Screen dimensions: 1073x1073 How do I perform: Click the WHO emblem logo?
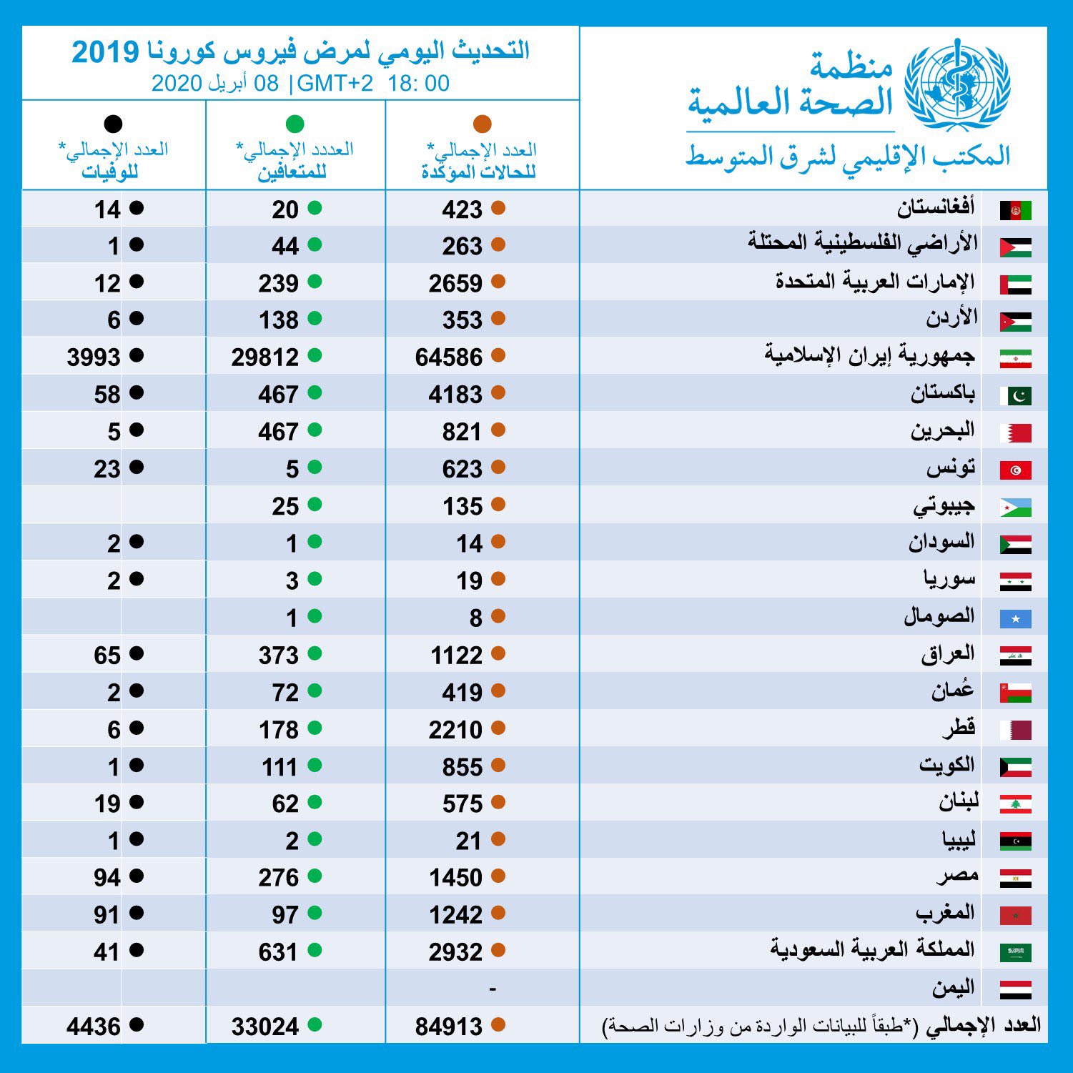(x=957, y=84)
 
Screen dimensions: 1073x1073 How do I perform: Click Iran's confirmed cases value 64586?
(x=449, y=357)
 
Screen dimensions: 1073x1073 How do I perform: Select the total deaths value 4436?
(x=94, y=1027)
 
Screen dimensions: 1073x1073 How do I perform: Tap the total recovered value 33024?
(x=264, y=1027)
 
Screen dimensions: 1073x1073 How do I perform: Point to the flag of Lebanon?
(x=1016, y=803)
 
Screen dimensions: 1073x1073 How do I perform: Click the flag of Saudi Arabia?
(x=1016, y=951)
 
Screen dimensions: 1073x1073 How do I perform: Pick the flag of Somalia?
(x=1016, y=618)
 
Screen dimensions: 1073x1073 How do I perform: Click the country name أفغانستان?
(x=936, y=207)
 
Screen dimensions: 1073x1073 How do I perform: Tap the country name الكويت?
(x=947, y=764)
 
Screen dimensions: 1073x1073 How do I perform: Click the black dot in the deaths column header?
(x=113, y=124)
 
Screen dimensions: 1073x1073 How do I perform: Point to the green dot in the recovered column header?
(x=295, y=124)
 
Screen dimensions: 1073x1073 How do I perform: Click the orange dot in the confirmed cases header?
(x=483, y=124)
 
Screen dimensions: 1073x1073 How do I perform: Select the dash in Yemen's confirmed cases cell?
(x=493, y=989)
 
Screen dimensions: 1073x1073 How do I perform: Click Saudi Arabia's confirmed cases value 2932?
(x=456, y=952)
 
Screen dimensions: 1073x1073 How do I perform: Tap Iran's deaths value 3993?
(x=94, y=357)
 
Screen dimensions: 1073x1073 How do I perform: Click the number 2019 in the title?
(x=105, y=51)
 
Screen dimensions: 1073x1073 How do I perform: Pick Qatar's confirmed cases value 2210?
(x=456, y=730)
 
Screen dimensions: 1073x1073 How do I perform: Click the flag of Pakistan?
(x=1016, y=395)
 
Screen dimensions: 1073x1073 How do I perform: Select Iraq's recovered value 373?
(x=279, y=656)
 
